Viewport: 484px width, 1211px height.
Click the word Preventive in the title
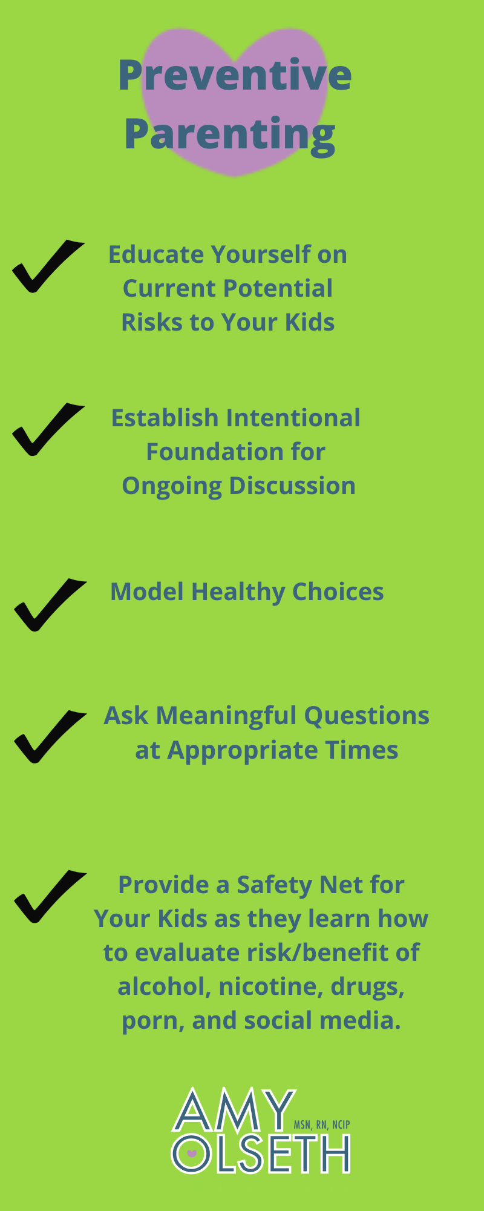pos(235,75)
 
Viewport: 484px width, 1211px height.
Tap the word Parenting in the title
pos(229,135)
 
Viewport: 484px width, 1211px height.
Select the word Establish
pos(165,418)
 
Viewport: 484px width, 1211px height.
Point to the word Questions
pos(367,716)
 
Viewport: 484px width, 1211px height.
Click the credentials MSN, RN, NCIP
pos(322,1125)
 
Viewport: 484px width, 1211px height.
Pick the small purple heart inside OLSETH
pos(192,1153)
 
